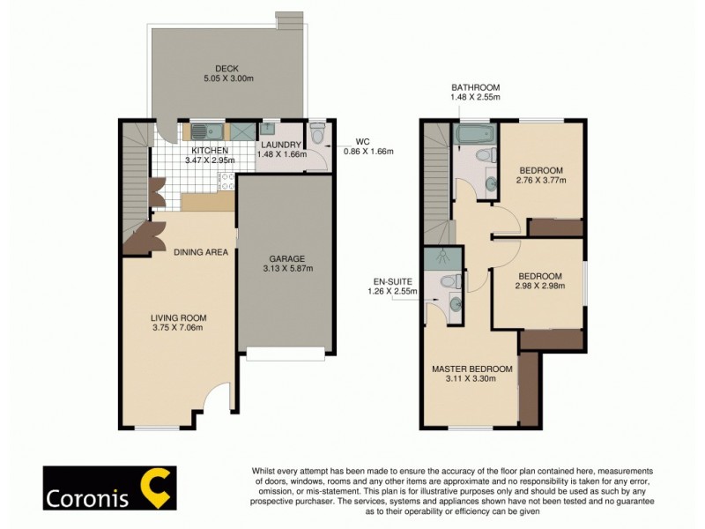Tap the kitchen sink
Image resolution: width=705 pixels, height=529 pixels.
(199, 132)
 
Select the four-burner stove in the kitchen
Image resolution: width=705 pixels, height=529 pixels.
(226, 181)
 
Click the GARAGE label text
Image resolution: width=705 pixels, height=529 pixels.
(286, 258)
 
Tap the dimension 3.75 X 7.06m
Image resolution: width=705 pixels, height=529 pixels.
(177, 328)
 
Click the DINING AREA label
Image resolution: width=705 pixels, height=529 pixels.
(200, 252)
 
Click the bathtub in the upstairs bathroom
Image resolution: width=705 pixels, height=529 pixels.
(475, 136)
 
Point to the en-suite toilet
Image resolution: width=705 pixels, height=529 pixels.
(449, 281)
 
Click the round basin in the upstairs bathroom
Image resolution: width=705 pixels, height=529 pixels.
(490, 184)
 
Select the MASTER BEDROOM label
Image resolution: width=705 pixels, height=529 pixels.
(471, 369)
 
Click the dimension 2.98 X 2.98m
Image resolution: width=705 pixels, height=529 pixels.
(539, 286)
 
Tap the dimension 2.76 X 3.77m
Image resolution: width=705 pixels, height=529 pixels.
(541, 180)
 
